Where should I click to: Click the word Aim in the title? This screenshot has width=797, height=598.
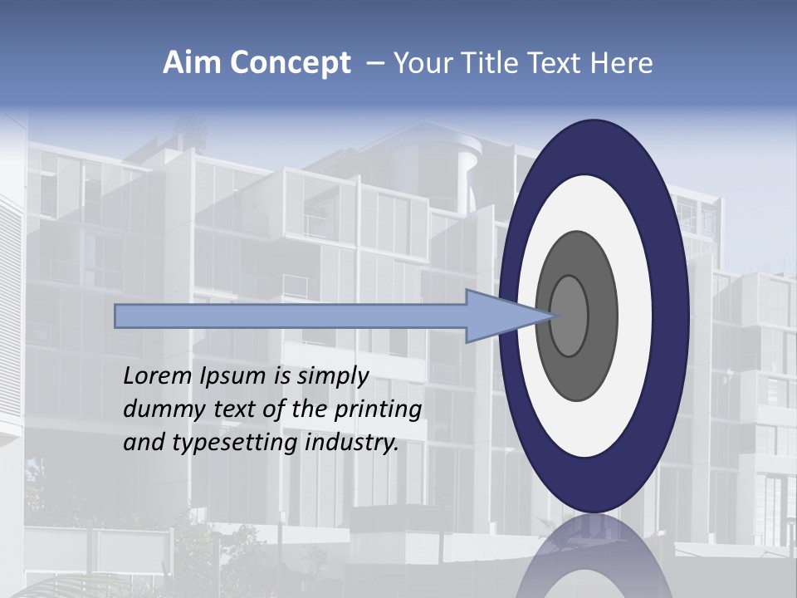pos(188,63)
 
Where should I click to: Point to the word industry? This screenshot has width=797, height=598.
pos(352,443)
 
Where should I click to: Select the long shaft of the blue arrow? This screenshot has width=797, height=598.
pos(291,316)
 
